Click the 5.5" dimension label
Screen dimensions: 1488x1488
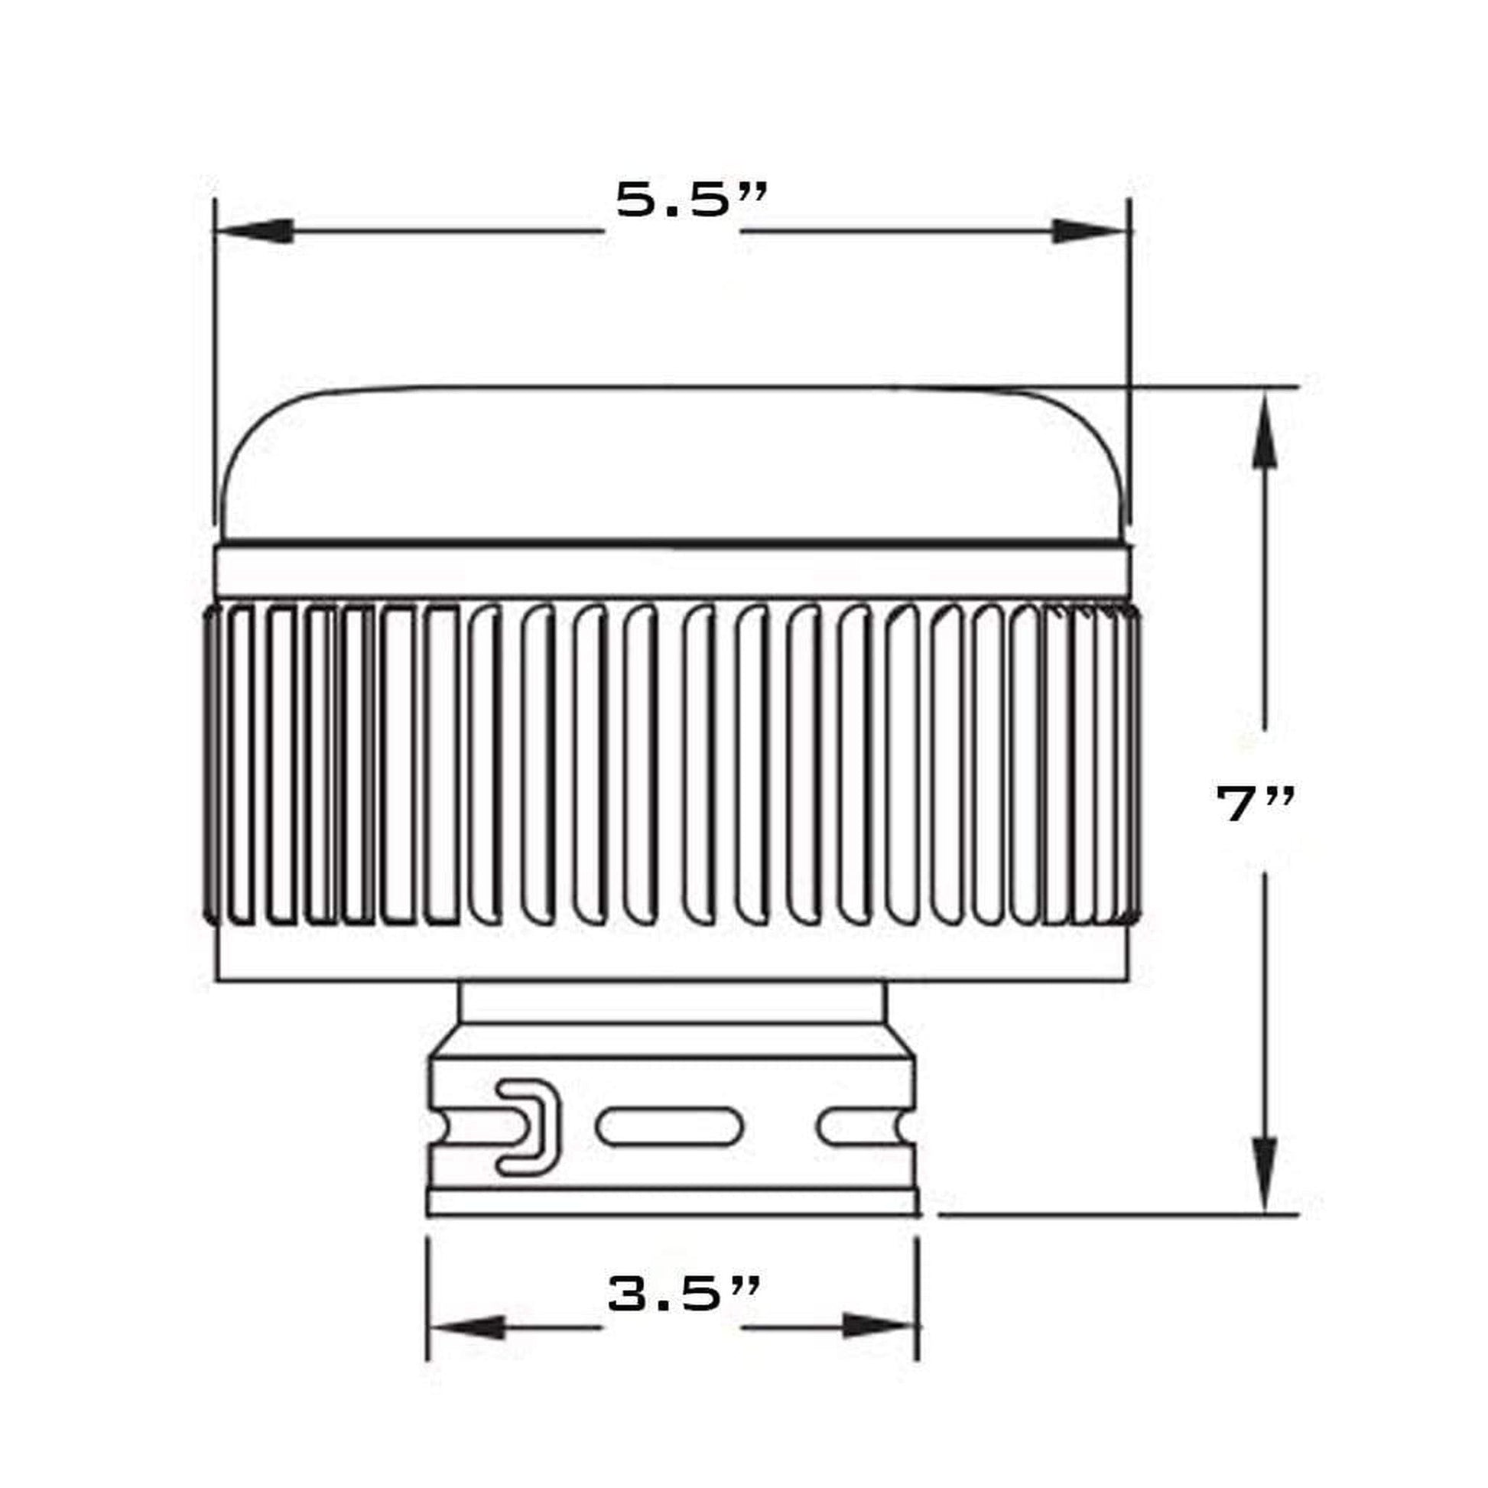coord(691,202)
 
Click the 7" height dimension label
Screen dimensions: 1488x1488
coord(1255,804)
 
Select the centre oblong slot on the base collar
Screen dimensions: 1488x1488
coord(668,1128)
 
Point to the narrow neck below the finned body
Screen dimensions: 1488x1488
coord(671,1002)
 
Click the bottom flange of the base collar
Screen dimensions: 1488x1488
coord(671,1203)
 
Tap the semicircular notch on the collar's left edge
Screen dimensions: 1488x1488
coord(437,1129)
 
